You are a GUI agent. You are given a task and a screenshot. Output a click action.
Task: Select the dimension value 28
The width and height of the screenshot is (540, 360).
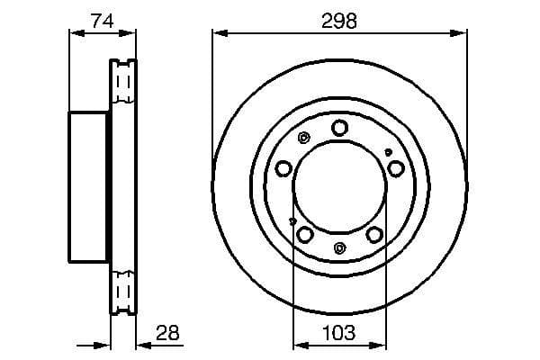coord(167,333)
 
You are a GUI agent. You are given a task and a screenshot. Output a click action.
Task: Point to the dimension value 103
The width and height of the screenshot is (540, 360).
coord(339,333)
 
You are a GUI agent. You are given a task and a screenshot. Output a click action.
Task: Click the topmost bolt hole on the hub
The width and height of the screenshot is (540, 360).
coord(339,128)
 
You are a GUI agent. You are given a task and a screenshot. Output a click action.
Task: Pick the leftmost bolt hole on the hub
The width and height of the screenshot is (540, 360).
coord(283,168)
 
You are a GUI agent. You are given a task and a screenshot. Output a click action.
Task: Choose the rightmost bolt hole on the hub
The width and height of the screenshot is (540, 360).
coord(395,168)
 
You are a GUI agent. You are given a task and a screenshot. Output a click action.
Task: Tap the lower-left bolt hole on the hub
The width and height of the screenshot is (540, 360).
coord(305,235)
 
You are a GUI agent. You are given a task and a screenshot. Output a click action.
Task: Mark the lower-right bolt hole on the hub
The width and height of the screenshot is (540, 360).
coord(373,235)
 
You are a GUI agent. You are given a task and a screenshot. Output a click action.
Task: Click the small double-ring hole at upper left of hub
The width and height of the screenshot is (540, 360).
coord(303,138)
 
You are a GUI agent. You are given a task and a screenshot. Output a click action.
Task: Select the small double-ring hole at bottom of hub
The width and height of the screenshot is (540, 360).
coord(339,248)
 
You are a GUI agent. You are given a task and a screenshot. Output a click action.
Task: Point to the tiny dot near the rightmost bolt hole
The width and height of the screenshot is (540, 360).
coord(388,152)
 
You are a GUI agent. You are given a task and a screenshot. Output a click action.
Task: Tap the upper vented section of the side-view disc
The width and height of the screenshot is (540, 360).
coord(122,85)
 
